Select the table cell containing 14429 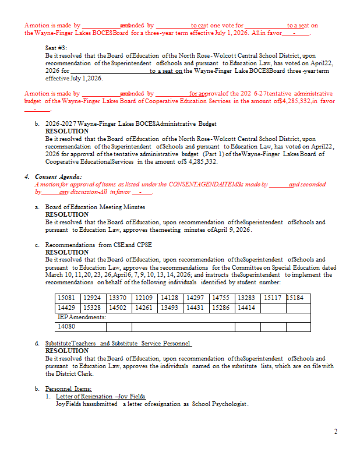coord(66,308)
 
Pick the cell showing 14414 coord(246,308)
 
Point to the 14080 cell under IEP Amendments coord(66,327)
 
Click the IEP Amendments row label coord(82,317)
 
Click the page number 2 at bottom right coord(336,432)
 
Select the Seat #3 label coord(56,48)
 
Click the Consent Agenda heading coord(58,176)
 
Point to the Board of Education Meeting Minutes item coord(95,207)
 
